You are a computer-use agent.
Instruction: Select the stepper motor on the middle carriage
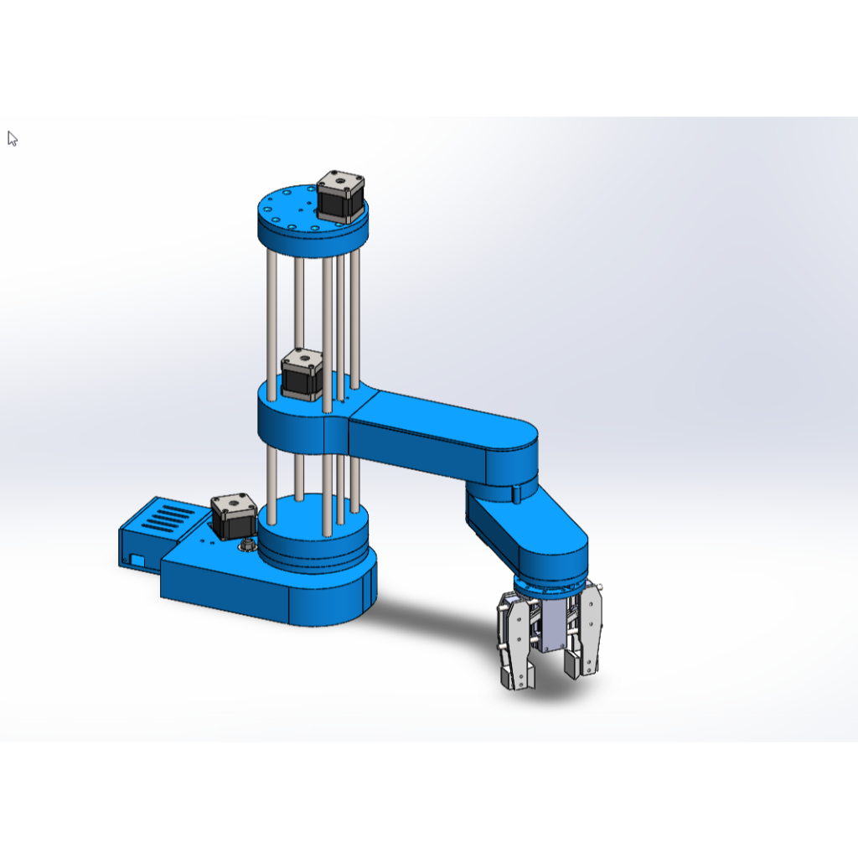point(302,375)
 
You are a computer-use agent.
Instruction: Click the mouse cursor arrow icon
point(13,138)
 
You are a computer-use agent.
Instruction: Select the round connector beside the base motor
point(248,545)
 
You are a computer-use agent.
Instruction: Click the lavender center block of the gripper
point(552,628)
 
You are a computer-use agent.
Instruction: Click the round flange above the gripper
point(549,587)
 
